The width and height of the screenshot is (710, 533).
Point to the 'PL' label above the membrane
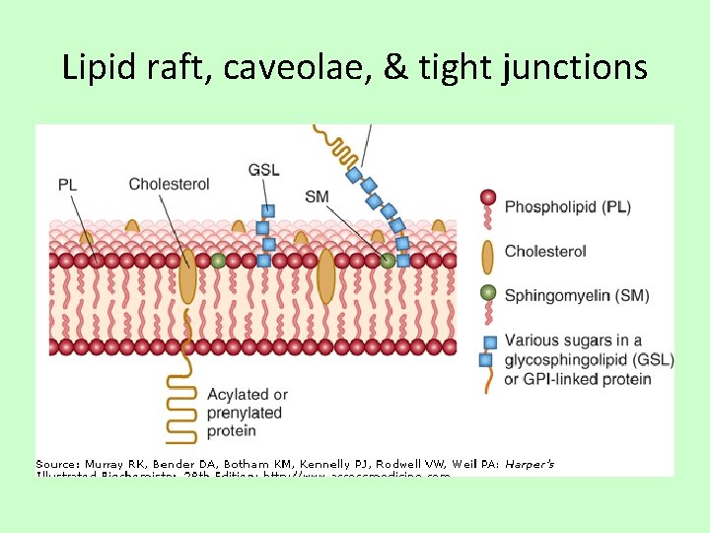click(x=68, y=184)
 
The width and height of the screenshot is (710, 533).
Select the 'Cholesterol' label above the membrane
click(x=169, y=184)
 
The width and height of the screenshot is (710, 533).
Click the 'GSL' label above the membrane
click(x=264, y=170)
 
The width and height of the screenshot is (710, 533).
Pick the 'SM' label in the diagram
click(x=317, y=197)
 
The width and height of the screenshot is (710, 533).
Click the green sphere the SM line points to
click(x=388, y=260)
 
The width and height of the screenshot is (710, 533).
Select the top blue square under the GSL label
click(x=267, y=210)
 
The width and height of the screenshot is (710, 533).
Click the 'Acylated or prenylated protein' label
click(x=247, y=413)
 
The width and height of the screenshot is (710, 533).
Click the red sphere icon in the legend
click(x=486, y=197)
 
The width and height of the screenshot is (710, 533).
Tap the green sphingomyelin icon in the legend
click(x=486, y=293)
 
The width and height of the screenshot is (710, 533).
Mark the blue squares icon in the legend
click(x=487, y=350)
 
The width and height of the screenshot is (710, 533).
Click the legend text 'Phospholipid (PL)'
click(x=567, y=207)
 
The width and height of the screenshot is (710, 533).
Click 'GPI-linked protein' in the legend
click(x=588, y=379)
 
